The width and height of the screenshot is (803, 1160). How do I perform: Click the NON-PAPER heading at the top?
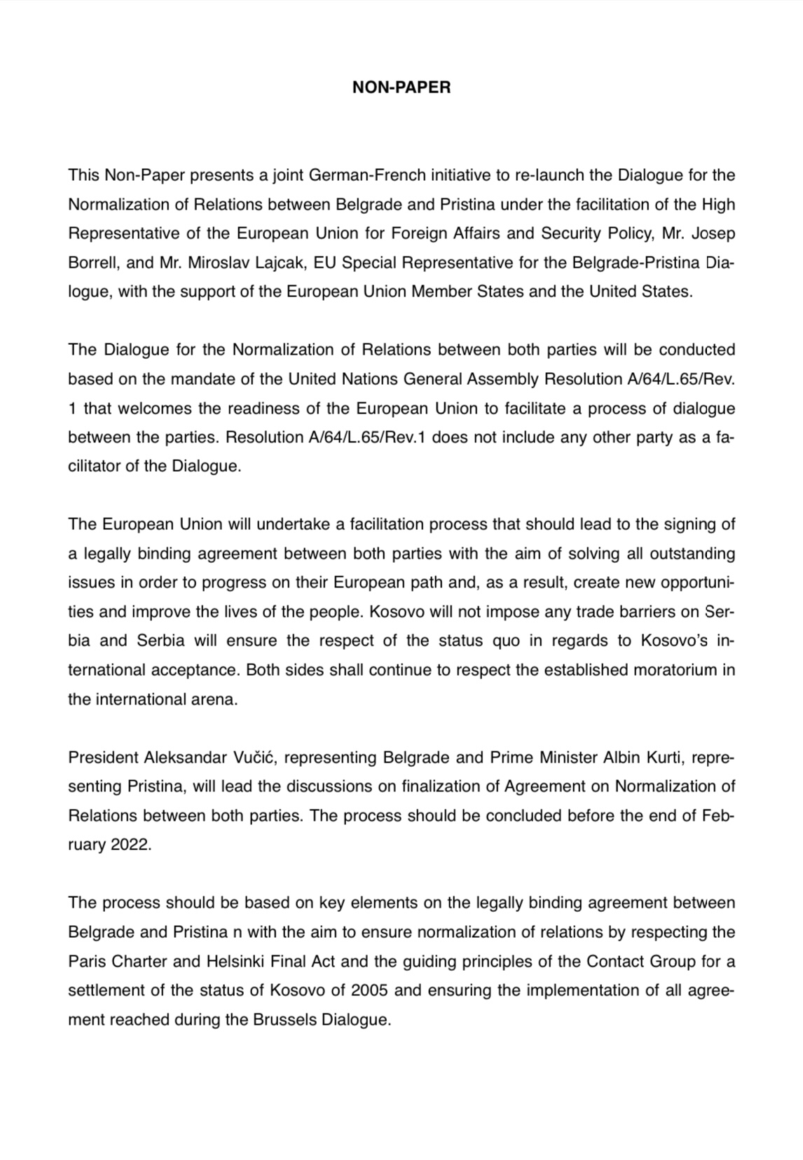401,88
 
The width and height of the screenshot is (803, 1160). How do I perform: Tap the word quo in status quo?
547,641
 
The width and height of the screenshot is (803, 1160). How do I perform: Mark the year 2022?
130,845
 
